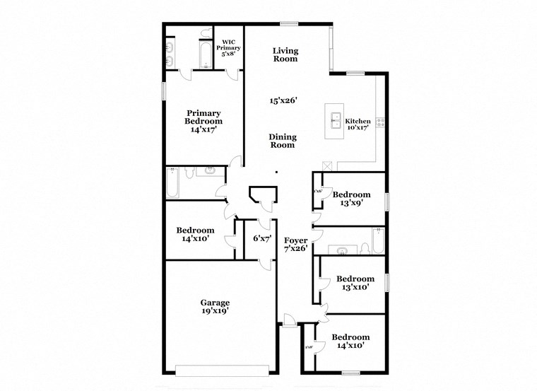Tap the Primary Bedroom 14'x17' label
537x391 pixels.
[203, 121]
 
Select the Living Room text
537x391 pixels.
[285, 54]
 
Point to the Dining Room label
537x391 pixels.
[283, 141]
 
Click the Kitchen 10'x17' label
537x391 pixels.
[359, 124]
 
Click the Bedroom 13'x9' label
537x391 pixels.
[351, 199]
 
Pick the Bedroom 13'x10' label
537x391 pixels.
[354, 283]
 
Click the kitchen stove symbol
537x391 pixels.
[381, 123]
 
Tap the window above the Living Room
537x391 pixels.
[288, 24]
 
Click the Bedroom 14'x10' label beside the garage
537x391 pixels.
[195, 235]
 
